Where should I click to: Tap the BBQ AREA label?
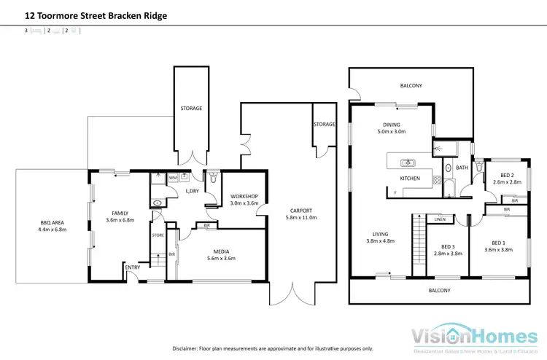point(53,222)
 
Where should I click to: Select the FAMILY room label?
point(120,213)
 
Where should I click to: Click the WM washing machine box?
point(173,177)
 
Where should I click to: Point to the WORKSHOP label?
point(244,196)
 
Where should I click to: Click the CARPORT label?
point(301,211)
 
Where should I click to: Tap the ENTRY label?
point(132,267)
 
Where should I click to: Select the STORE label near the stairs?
point(158,235)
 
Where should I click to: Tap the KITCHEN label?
point(408,178)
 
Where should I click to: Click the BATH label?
point(462,168)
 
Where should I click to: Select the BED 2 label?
point(508,174)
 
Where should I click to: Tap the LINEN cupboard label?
point(440,219)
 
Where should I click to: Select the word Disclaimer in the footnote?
point(187,348)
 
